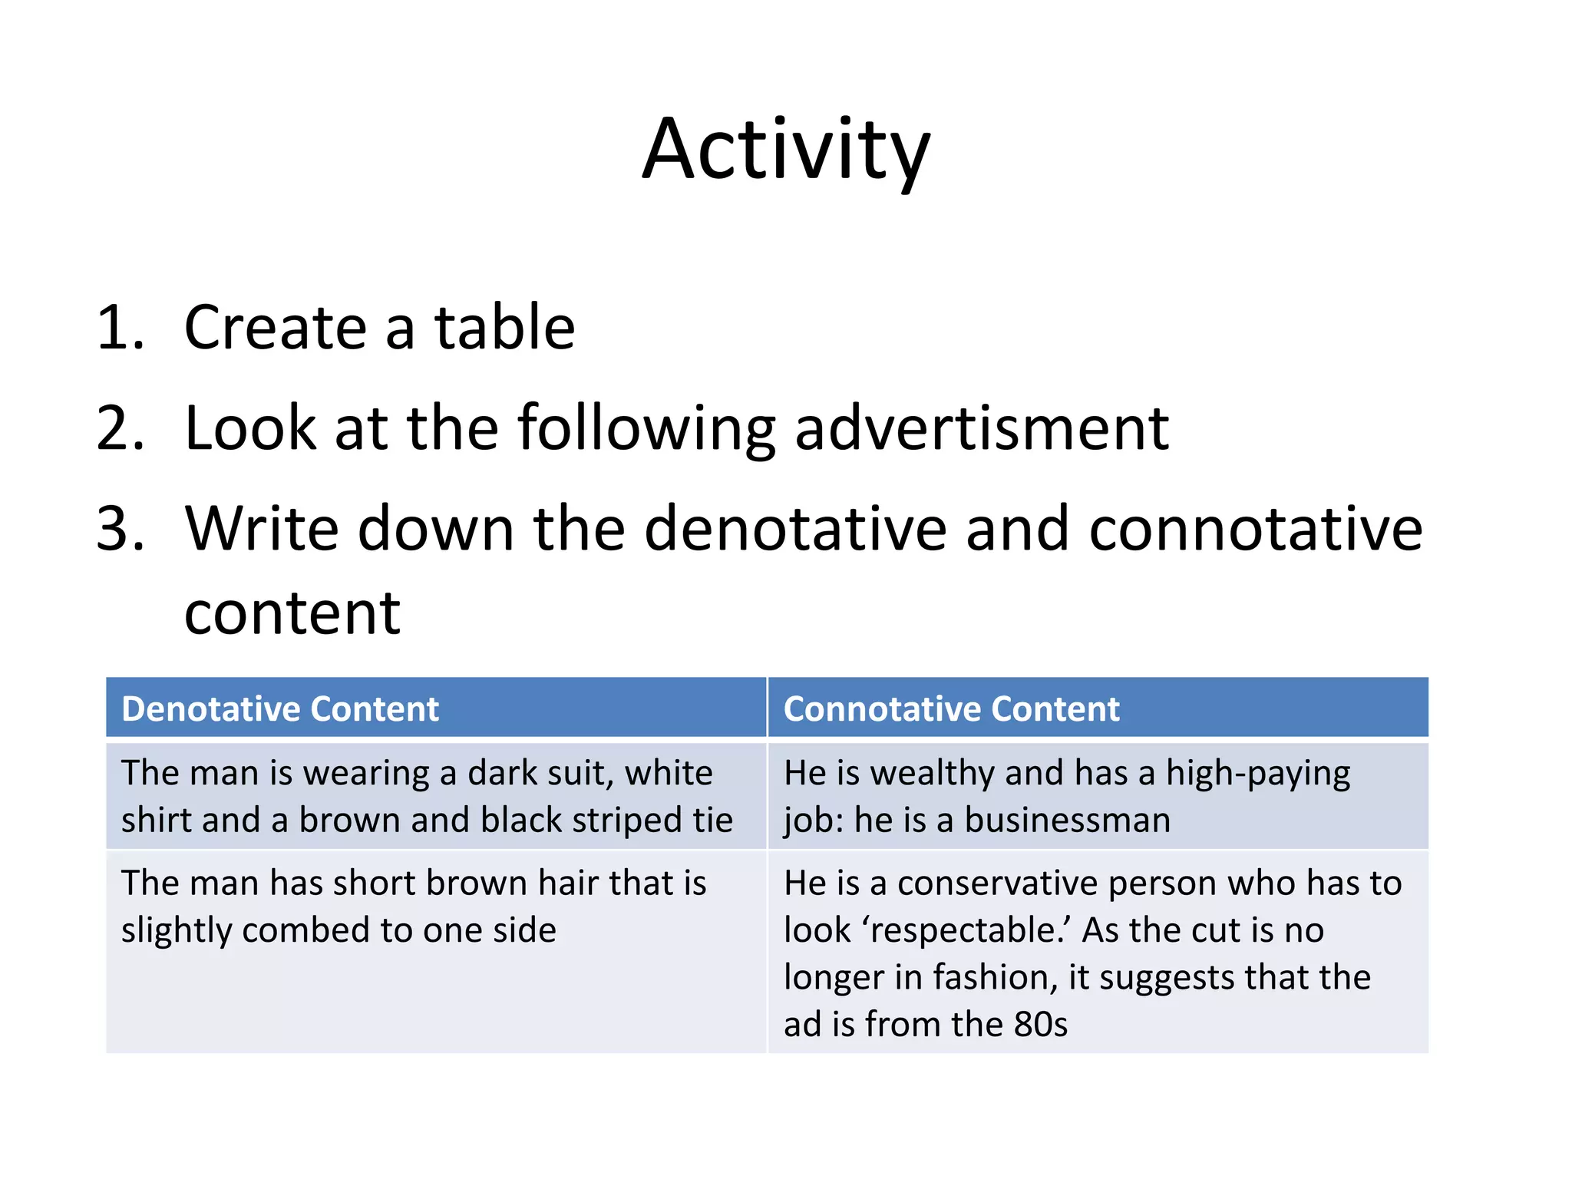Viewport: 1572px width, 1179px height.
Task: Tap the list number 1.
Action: pyautogui.click(x=120, y=328)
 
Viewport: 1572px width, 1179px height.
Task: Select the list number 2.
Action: pyautogui.click(x=120, y=428)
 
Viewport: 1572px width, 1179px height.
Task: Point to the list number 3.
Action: pyautogui.click(x=120, y=529)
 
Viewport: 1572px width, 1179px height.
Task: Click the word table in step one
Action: pyautogui.click(x=504, y=328)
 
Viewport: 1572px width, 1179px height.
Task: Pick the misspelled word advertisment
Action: pyautogui.click(x=981, y=428)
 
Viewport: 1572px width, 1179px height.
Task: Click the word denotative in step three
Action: pyautogui.click(x=795, y=529)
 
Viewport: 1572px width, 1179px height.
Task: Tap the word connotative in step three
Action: pyautogui.click(x=1255, y=529)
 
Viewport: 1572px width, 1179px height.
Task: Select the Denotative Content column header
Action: pyautogui.click(x=280, y=708)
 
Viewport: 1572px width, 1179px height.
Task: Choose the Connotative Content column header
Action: pyautogui.click(x=951, y=708)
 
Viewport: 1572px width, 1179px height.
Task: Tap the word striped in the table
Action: pyautogui.click(x=626, y=821)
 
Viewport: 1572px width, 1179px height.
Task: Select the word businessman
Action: pyautogui.click(x=1067, y=821)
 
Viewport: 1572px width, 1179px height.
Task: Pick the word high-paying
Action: pyautogui.click(x=1258, y=773)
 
